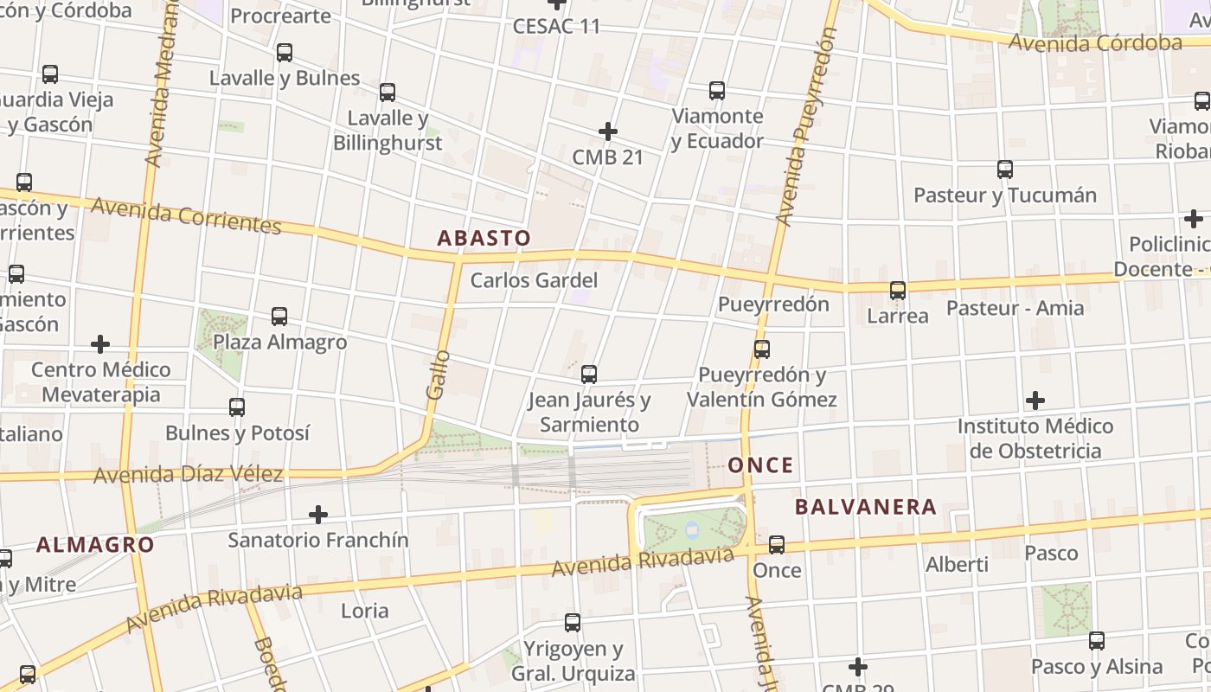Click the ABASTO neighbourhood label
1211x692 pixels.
(484, 238)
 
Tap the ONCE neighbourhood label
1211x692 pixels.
(760, 465)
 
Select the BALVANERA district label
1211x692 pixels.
(866, 507)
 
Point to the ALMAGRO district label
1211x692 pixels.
(95, 545)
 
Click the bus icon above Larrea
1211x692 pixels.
(898, 291)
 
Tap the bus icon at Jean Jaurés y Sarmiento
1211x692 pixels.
(589, 375)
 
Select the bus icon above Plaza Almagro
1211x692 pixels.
(279, 317)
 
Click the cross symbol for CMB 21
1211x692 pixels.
(608, 131)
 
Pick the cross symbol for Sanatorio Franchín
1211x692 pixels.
(318, 515)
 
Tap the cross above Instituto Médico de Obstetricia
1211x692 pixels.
(1035, 400)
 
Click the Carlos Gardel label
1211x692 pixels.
(534, 280)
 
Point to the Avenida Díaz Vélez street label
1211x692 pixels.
(189, 474)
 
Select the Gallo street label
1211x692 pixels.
(439, 374)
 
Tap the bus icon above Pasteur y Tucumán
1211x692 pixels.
(1004, 170)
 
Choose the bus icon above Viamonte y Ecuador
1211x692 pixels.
(716, 91)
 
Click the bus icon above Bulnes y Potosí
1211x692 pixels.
(236, 407)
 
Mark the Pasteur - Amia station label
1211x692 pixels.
(1015, 308)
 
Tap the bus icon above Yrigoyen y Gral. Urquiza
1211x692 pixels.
(572, 623)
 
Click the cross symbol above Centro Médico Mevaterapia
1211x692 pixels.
(100, 344)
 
